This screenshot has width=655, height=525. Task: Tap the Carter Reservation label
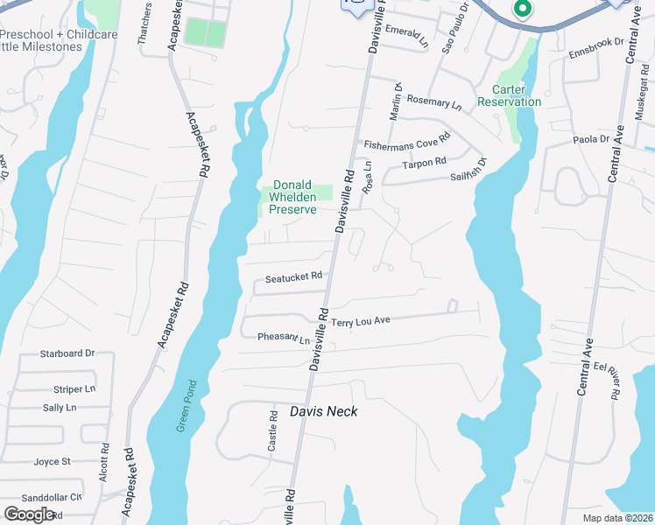click(510, 95)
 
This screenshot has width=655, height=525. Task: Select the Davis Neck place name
click(323, 411)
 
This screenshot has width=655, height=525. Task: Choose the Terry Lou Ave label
click(360, 322)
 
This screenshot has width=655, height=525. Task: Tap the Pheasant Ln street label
click(284, 338)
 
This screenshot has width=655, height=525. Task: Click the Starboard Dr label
click(67, 353)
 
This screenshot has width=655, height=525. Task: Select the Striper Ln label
click(74, 388)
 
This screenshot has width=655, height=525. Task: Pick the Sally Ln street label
click(60, 408)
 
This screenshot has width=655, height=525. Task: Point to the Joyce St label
click(52, 461)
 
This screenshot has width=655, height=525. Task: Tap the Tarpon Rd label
click(424, 163)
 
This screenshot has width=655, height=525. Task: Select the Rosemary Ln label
click(433, 101)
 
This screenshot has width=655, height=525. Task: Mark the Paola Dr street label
click(591, 139)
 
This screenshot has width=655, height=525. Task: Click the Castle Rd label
click(273, 434)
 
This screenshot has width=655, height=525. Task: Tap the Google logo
click(29, 514)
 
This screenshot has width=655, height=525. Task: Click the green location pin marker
click(522, 10)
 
